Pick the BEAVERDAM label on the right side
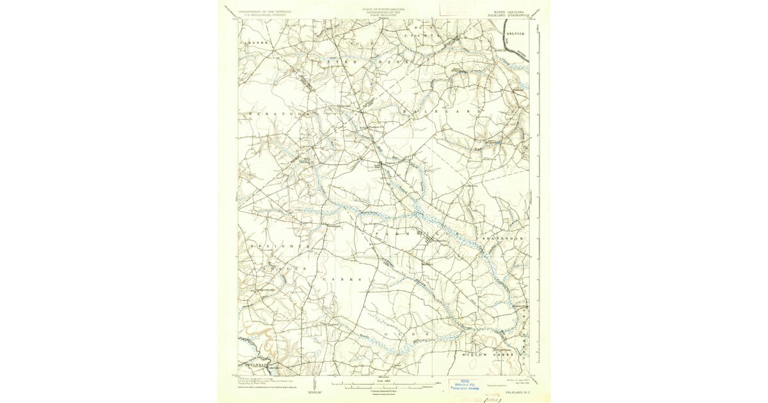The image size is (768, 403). pyautogui.click(x=504, y=238)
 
